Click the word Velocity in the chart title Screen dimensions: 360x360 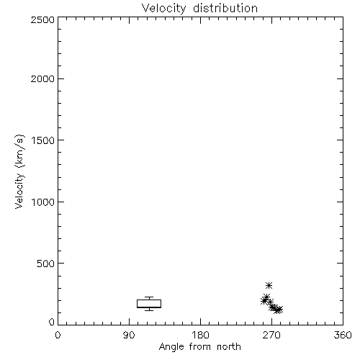(164, 8)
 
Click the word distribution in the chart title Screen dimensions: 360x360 (225, 8)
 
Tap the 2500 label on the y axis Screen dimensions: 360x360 (42, 19)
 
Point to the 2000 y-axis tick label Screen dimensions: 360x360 (42, 78)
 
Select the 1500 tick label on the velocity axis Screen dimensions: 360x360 (43, 140)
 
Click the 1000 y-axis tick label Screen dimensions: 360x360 (43, 202)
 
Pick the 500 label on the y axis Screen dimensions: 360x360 (46, 264)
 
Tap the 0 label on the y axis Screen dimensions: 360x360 (52, 322)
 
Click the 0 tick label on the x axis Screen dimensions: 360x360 (58, 335)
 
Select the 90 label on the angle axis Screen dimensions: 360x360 (129, 335)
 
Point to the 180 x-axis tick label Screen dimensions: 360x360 (200, 335)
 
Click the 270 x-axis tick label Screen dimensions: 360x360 (271, 335)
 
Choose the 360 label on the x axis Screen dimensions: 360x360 (343, 335)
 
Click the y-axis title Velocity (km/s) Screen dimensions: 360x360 (19, 171)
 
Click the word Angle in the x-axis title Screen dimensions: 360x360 (171, 347)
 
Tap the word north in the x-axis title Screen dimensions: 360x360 (229, 346)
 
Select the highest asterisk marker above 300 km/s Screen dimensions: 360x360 (269, 285)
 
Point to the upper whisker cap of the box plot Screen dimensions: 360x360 (149, 297)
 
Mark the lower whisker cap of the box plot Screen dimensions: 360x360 (149, 310)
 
